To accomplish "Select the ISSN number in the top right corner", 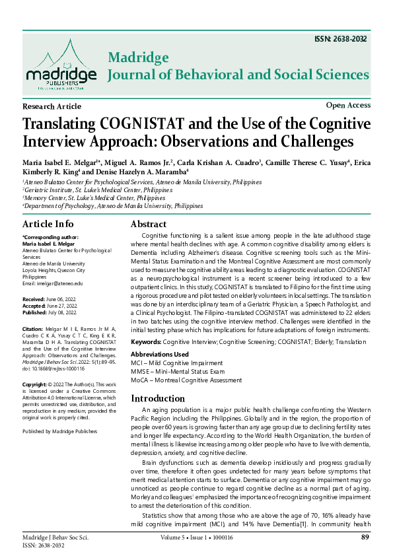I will click(x=343, y=39).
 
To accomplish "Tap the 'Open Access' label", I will click(x=348, y=105).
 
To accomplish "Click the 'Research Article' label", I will click(x=52, y=106).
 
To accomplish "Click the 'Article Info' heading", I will click(x=48, y=224).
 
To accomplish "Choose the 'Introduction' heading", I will click(x=162, y=398).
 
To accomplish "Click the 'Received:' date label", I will click(x=34, y=299).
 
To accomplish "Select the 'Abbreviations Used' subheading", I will click(x=160, y=355).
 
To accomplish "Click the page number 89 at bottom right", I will click(x=365, y=538).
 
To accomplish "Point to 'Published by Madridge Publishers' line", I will click(x=59, y=431).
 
